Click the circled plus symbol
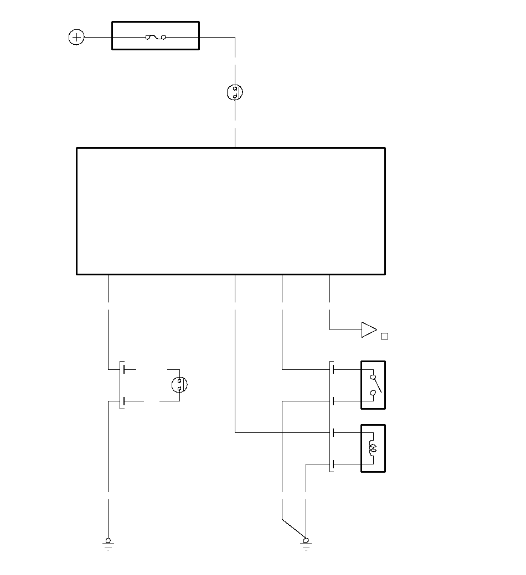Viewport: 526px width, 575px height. click(x=76, y=37)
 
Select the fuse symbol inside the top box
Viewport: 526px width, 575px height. click(x=156, y=37)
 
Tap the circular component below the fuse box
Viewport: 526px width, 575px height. click(x=235, y=92)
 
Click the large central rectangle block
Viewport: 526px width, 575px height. click(x=230, y=211)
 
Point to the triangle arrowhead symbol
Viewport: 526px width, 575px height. click(x=368, y=330)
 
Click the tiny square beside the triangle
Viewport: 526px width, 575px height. click(x=385, y=336)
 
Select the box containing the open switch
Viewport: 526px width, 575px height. click(x=373, y=385)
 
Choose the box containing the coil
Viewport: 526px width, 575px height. click(x=373, y=448)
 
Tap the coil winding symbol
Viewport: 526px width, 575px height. click(x=372, y=448)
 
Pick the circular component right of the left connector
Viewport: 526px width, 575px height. click(x=179, y=384)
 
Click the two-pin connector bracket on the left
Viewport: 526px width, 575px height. click(x=120, y=385)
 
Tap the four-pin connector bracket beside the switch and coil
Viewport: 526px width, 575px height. click(x=331, y=416)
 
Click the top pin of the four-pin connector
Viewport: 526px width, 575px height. click(x=333, y=369)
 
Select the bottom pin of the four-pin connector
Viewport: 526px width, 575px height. click(x=333, y=464)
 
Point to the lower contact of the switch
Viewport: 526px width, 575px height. click(x=373, y=393)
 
